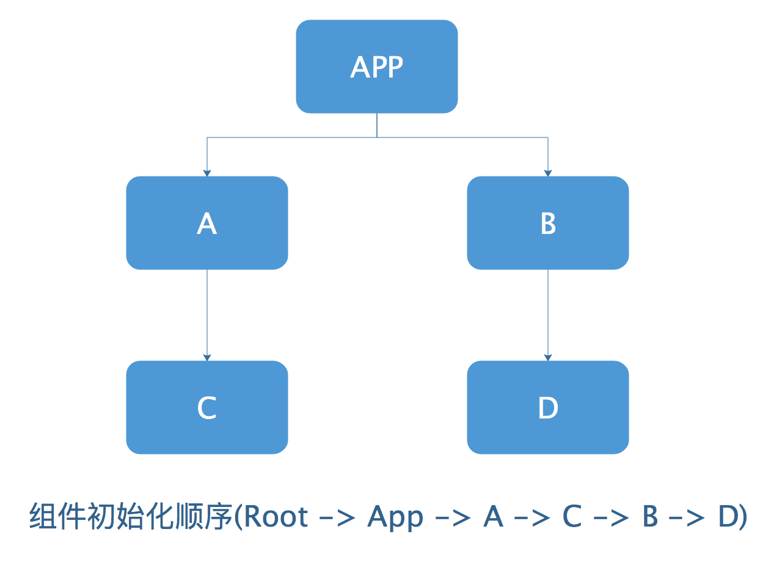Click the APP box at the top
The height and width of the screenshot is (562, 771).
tap(377, 67)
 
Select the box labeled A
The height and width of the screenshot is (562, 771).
tap(207, 223)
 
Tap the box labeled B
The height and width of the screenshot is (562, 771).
tap(548, 223)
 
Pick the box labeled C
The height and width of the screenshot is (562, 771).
tap(207, 407)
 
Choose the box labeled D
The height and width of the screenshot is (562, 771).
tap(548, 407)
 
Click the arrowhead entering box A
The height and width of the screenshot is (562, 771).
tap(207, 173)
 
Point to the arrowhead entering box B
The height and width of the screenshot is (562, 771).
tap(548, 173)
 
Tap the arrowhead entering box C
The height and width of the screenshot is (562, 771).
tap(207, 357)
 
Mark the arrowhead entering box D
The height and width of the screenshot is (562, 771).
tap(548, 357)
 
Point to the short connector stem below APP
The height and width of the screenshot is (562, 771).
tap(377, 125)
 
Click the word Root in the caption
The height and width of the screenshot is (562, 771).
tap(276, 516)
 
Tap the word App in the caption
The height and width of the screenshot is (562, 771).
tap(395, 518)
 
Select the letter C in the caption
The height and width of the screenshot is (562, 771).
tap(572, 516)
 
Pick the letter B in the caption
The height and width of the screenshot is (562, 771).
tap(650, 516)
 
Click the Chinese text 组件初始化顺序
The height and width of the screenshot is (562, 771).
tap(131, 516)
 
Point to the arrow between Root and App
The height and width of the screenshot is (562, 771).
tap(337, 518)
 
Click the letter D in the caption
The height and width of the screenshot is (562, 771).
tap(728, 516)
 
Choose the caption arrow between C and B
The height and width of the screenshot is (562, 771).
tap(612, 518)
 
